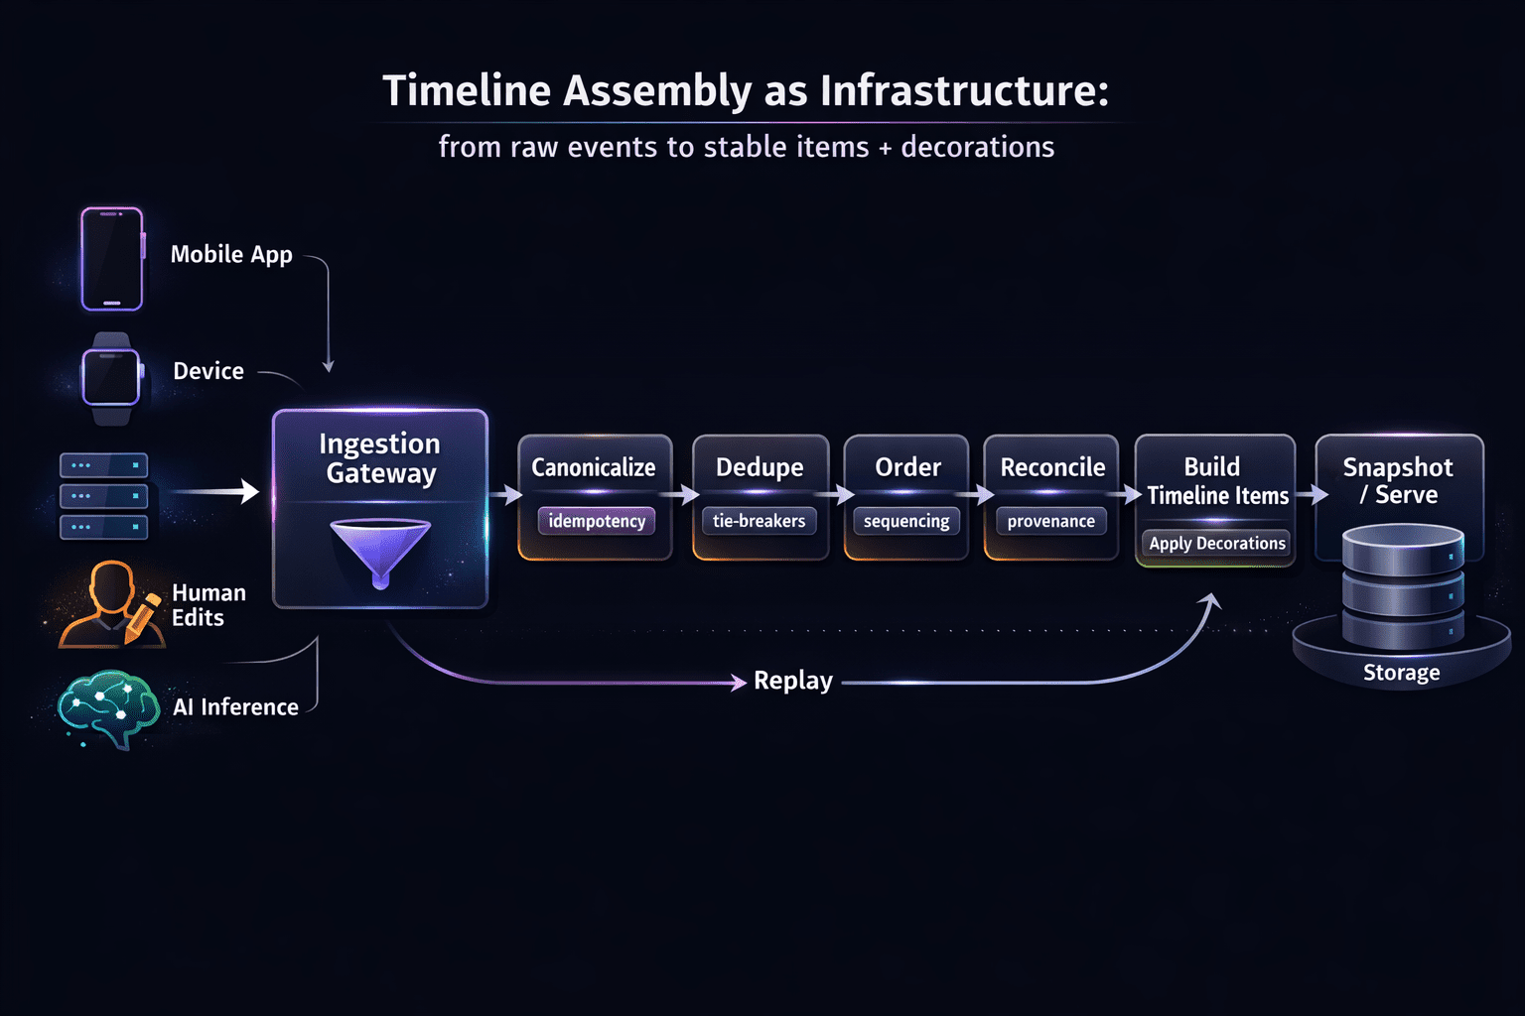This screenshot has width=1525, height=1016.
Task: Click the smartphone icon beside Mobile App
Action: coord(112,259)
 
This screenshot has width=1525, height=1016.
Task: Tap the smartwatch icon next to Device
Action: coord(111,378)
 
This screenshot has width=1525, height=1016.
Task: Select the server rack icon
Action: coord(103,496)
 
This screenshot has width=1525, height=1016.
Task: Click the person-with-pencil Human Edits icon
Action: coord(111,604)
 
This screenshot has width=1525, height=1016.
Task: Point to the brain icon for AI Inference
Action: coord(109,708)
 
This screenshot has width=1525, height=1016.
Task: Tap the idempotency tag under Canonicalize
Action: coord(597,521)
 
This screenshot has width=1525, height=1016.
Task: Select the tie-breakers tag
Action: coord(760,521)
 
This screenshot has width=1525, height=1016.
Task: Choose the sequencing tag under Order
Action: coord(906,521)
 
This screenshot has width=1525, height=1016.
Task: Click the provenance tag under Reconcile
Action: coord(1051,521)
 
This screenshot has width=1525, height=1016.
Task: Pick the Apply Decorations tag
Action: coord(1216,543)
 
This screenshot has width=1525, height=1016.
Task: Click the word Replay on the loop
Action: coord(793,681)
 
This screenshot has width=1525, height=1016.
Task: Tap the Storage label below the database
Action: coord(1401,673)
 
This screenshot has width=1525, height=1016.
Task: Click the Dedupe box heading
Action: coord(760,467)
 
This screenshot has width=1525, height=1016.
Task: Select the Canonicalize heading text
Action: coord(593,467)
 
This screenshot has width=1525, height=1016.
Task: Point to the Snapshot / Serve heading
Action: coord(1398,480)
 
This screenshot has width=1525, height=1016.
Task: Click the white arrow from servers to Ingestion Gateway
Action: coord(215,491)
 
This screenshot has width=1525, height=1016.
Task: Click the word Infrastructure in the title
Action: coord(965,90)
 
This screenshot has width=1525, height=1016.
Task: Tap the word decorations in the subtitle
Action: coord(978,147)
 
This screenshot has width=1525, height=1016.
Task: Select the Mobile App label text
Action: coord(231,255)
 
